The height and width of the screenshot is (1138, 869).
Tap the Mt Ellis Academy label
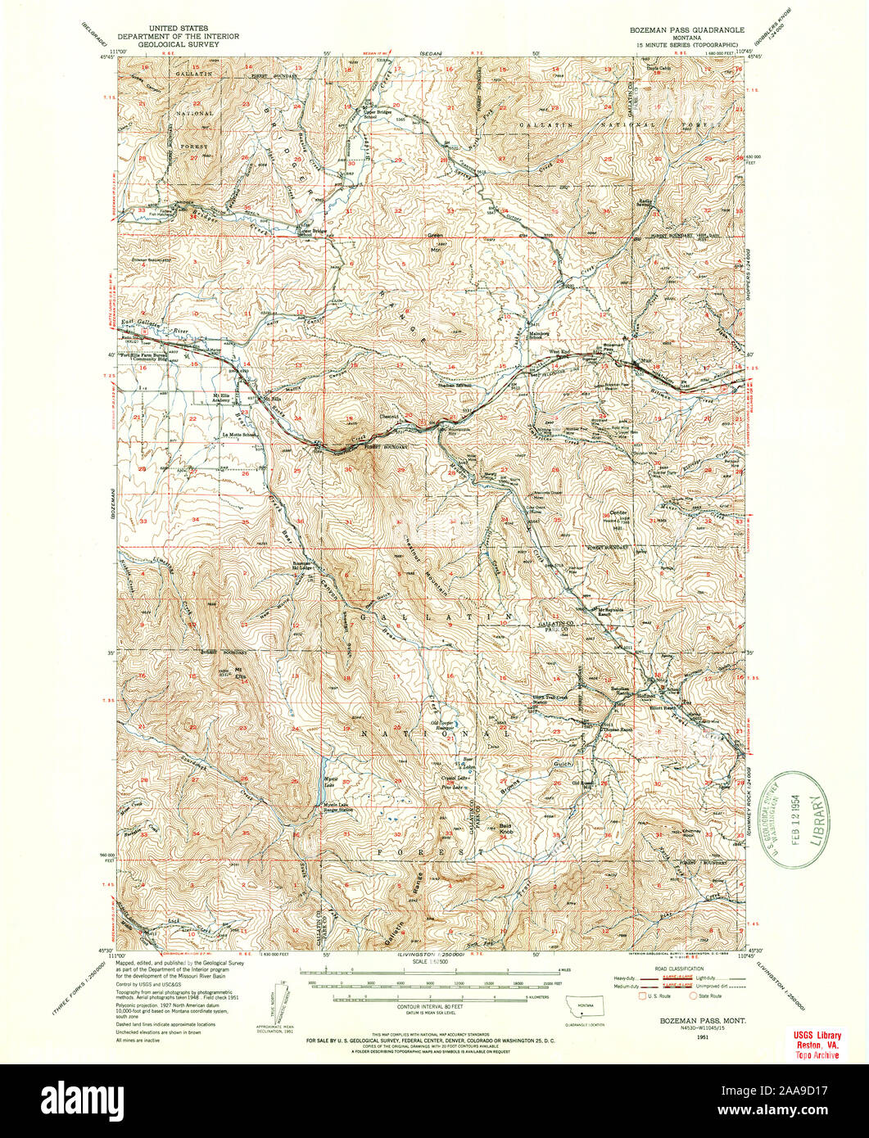(214, 402)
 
